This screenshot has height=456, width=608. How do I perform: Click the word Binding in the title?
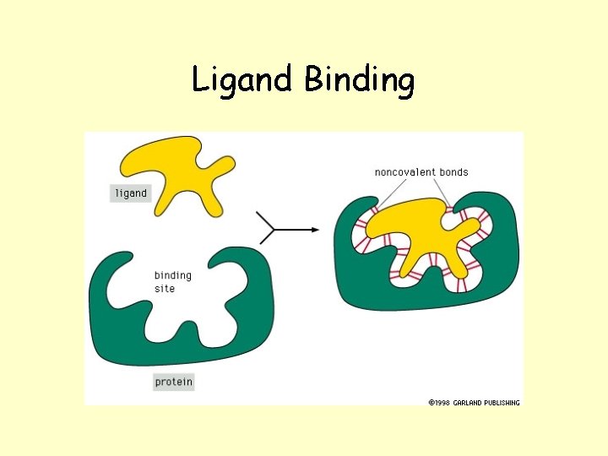coord(360,81)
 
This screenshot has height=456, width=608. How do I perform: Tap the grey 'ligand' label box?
coord(130,193)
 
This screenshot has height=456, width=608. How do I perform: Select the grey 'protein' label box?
coord(173,382)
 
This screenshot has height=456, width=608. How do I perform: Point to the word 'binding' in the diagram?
coord(172,275)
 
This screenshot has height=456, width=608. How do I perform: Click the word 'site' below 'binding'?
coord(164,289)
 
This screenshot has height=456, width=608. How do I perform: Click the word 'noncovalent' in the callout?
coord(404,172)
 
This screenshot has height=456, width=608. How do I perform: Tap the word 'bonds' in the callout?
coord(453,172)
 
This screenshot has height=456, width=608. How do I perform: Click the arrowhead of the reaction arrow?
coord(314,229)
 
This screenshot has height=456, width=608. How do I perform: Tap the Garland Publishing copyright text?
coord(474,402)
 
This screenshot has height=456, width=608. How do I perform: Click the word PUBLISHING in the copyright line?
coord(500,402)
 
